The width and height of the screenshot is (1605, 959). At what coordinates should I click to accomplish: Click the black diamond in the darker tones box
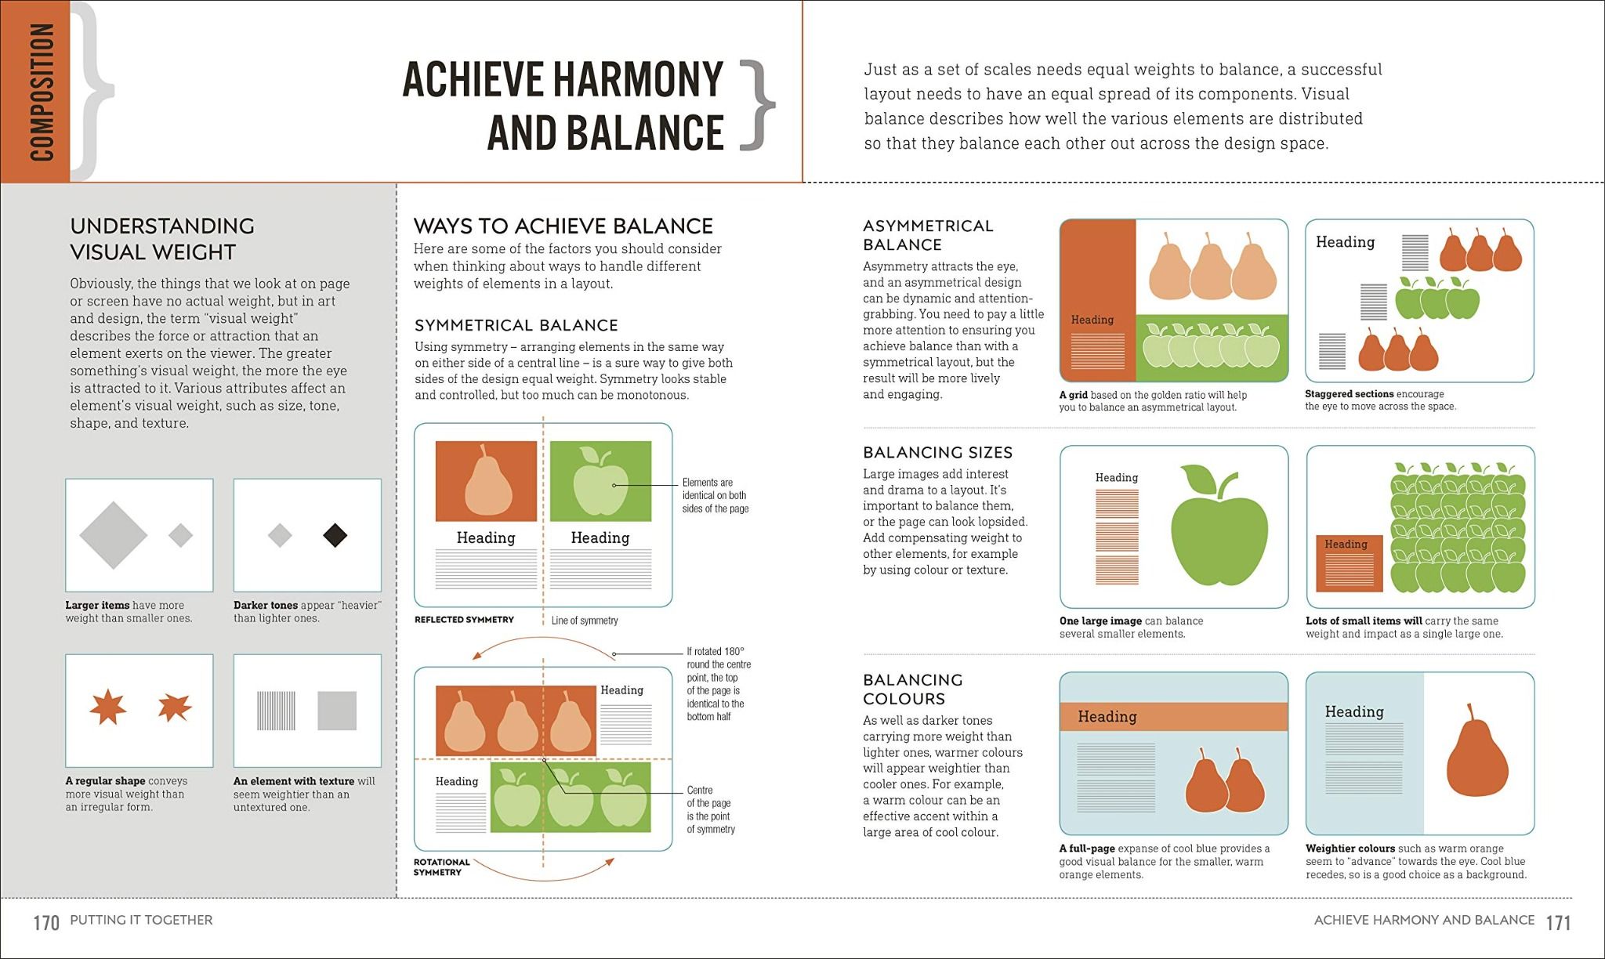335,535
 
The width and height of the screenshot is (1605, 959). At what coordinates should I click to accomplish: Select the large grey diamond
114,535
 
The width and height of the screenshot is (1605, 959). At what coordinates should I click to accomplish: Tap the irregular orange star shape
174,707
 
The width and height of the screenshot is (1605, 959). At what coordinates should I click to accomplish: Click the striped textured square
276,711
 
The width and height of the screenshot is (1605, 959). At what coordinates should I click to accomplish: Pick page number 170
46,923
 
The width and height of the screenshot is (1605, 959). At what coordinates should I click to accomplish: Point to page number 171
1558,923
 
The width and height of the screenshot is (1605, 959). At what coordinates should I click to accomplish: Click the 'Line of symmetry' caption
585,621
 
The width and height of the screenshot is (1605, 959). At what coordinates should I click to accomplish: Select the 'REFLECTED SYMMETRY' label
464,620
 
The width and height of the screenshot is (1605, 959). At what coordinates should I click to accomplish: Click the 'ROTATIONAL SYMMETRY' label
441,867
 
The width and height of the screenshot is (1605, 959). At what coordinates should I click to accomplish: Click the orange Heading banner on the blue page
1173,717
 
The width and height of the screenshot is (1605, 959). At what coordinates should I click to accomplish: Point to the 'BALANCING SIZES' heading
937,453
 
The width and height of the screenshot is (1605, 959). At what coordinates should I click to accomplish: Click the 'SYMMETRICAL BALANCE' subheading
516,325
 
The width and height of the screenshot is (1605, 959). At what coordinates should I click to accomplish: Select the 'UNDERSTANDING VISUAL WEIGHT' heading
161,239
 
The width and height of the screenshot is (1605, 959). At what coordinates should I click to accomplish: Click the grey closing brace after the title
757,106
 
